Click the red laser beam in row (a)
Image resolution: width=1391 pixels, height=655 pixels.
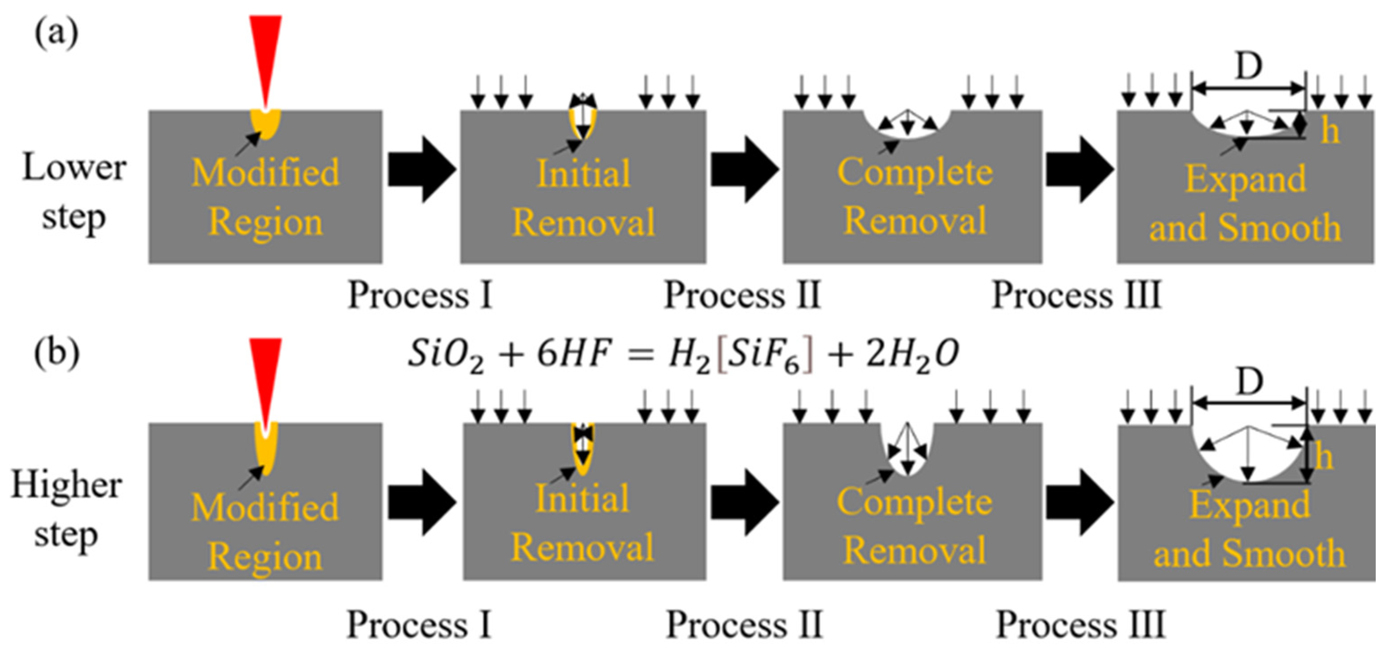point(265,49)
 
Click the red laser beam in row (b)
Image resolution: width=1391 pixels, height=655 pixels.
point(265,372)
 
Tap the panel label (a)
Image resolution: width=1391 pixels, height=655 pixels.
point(56,33)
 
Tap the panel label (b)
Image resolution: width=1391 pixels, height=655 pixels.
point(57,354)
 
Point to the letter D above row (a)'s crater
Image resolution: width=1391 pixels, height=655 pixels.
point(1248,67)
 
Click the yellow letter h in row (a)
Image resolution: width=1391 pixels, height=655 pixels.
point(1329,131)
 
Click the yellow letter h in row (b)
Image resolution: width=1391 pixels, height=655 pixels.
point(1323,458)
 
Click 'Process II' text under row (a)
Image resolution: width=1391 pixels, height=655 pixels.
point(742,295)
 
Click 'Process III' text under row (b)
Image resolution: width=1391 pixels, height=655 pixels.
point(1080,624)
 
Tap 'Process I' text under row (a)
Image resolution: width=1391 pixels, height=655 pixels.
point(420,295)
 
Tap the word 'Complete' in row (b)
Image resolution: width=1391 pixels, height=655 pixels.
point(914,501)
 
